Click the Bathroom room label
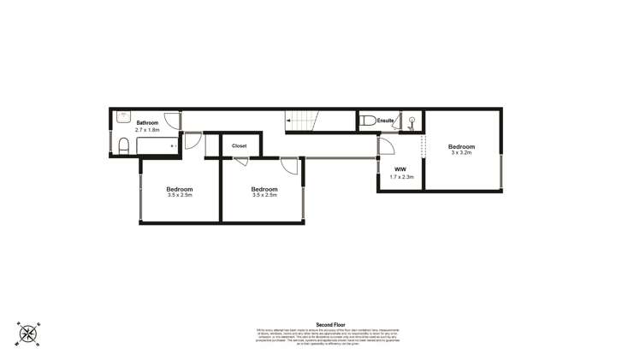click(x=147, y=123)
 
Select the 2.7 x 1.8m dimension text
click(x=147, y=130)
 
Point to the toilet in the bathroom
click(x=123, y=146)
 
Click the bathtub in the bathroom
click(x=158, y=146)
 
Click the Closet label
click(x=240, y=146)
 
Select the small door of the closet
click(x=241, y=161)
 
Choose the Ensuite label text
click(x=386, y=121)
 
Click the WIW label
click(x=400, y=169)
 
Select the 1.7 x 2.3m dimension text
click(x=401, y=177)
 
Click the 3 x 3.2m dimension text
click(x=461, y=154)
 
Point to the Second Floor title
click(x=330, y=325)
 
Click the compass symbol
click(x=27, y=333)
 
